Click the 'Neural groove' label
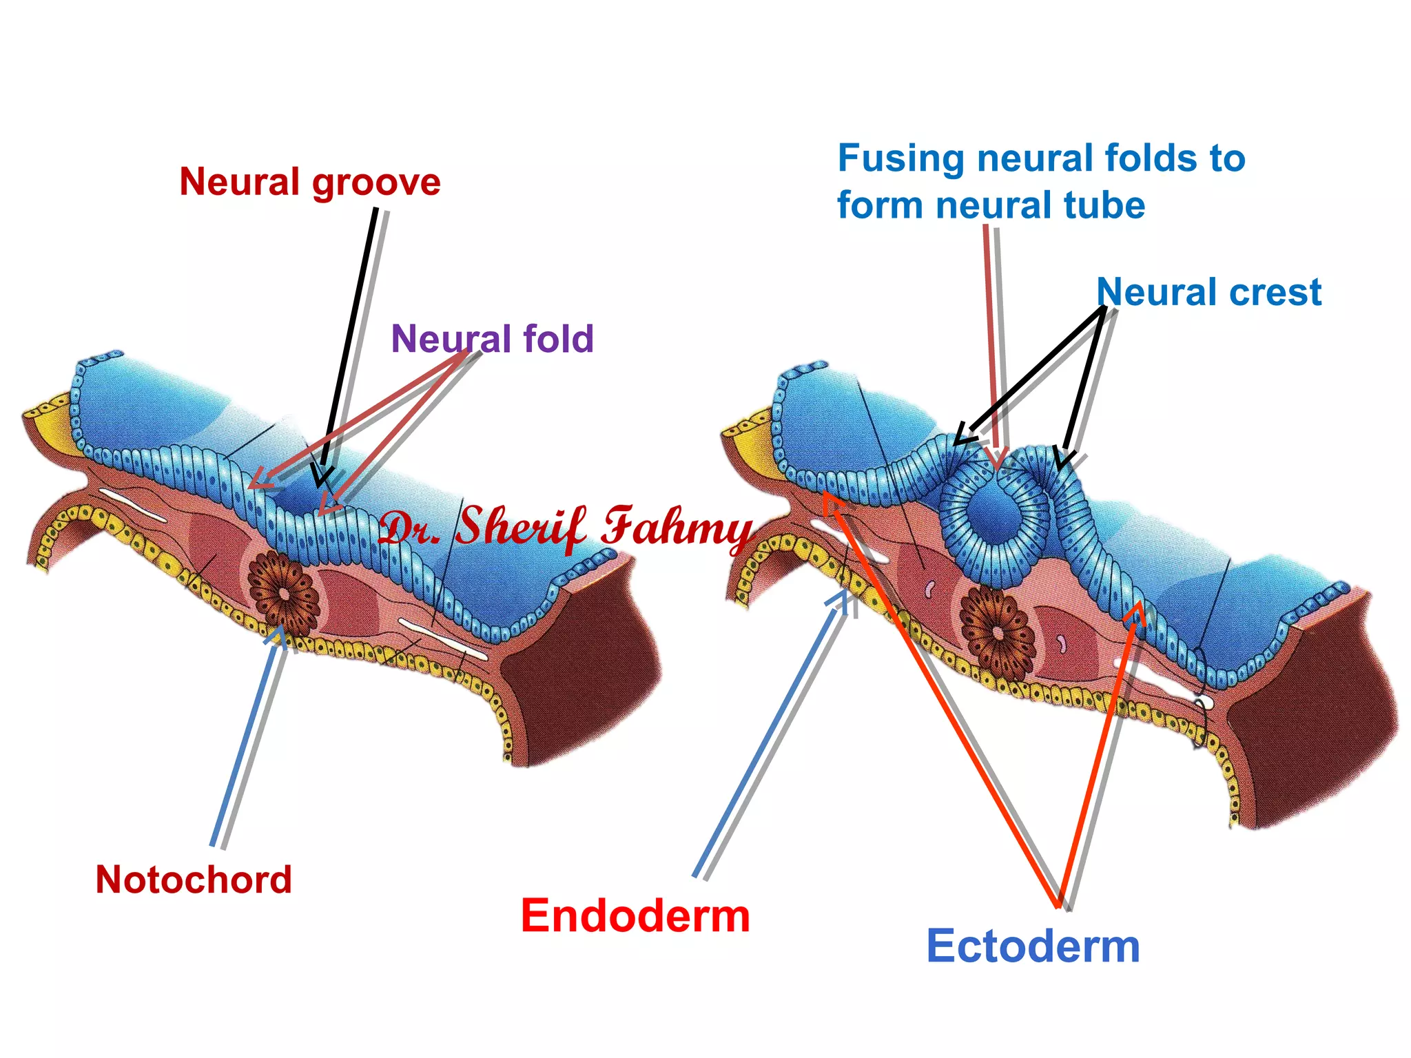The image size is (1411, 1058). [x=310, y=183]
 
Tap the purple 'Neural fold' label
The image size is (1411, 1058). [x=492, y=339]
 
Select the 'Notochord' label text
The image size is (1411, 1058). [x=194, y=880]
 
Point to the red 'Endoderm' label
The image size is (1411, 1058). [x=635, y=916]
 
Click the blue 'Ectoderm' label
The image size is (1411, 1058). [x=1033, y=946]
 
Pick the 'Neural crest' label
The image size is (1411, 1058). [x=1209, y=292]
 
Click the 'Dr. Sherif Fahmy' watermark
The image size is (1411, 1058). [x=565, y=527]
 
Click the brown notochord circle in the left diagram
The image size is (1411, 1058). [x=283, y=592]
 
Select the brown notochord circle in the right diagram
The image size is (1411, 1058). [x=998, y=632]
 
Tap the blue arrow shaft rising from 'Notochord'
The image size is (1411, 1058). [x=248, y=737]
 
